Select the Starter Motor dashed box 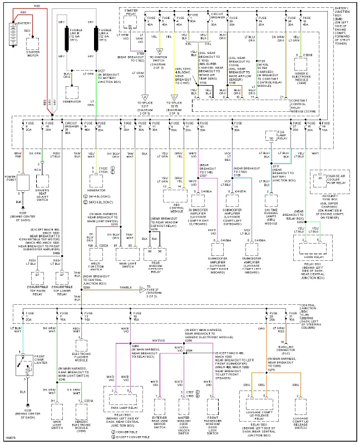[33, 45]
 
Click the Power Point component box [24, 181]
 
